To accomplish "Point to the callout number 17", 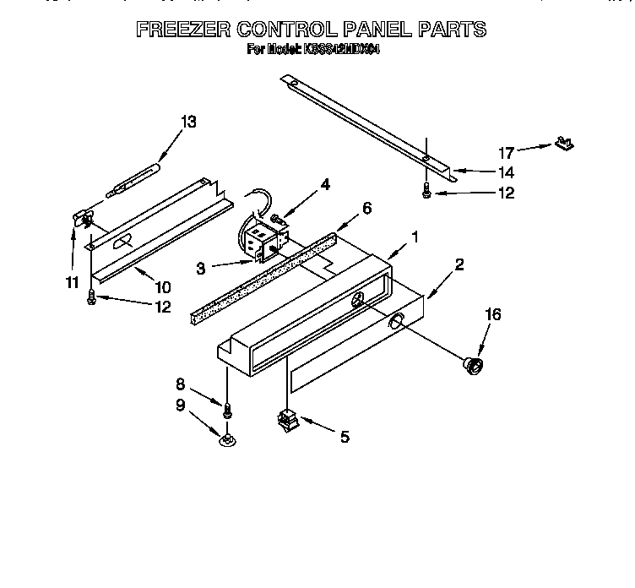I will pyautogui.click(x=506, y=153).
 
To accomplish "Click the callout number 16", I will pyautogui.click(x=493, y=314).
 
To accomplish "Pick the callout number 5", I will pyautogui.click(x=344, y=437).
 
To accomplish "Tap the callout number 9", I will pyautogui.click(x=181, y=405).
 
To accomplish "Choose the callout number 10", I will pyautogui.click(x=162, y=286).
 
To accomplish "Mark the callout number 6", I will pyautogui.click(x=366, y=208).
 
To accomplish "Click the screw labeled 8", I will pyautogui.click(x=227, y=411).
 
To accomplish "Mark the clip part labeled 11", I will pyautogui.click(x=84, y=220).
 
